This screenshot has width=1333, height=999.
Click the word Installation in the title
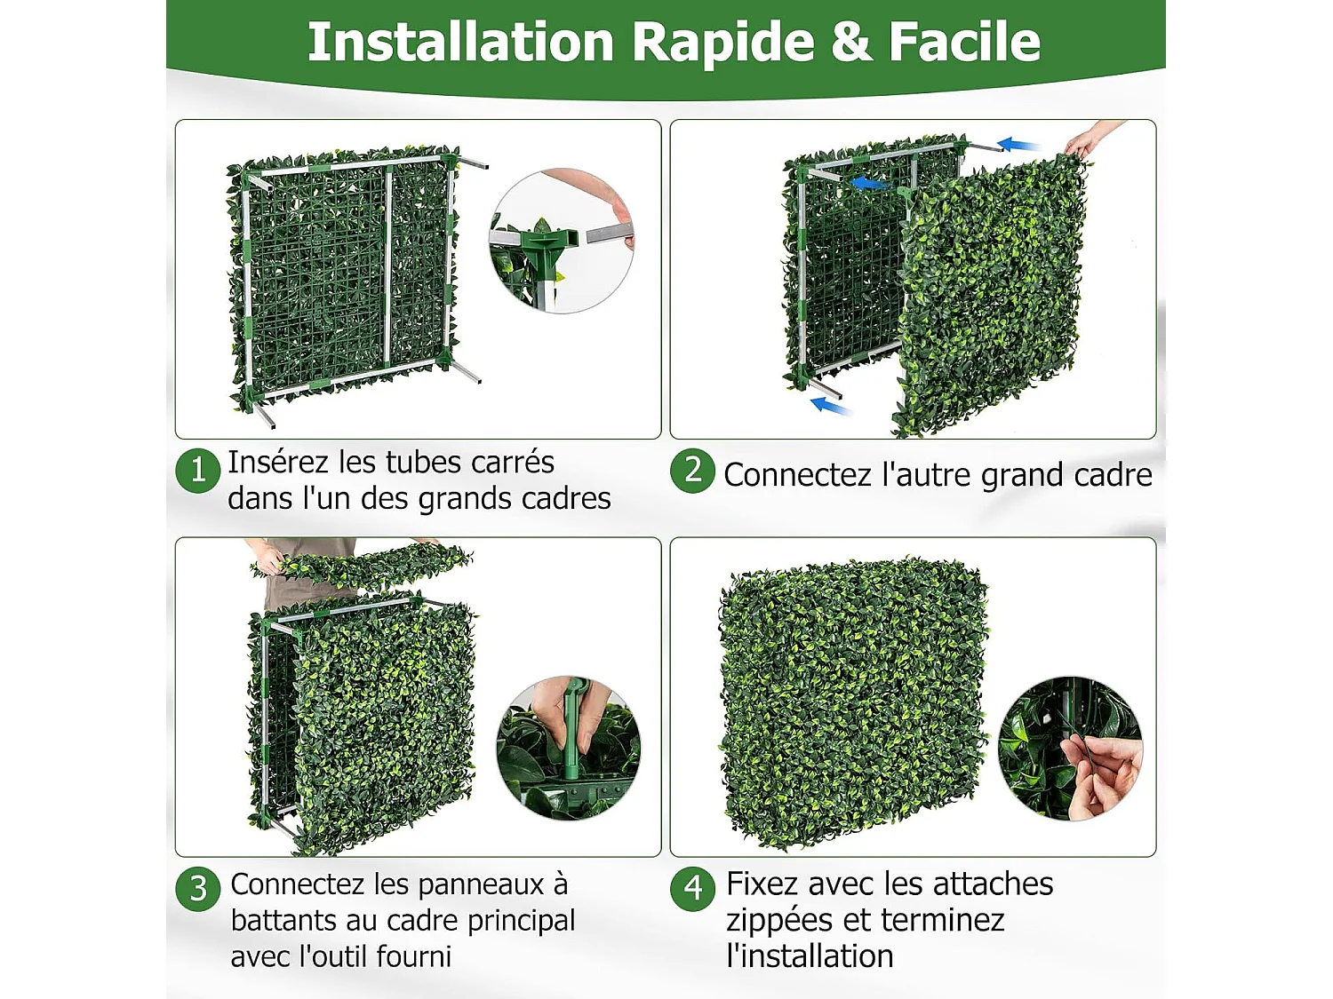(x=459, y=42)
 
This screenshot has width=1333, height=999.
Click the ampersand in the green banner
(x=850, y=42)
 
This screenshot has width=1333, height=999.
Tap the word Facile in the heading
(x=964, y=42)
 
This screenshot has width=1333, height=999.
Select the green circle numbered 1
(x=198, y=470)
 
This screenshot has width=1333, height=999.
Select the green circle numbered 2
(x=692, y=470)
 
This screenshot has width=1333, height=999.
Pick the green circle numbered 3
(x=198, y=888)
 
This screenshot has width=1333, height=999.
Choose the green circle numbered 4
(x=692, y=888)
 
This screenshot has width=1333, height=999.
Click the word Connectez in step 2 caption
(x=797, y=475)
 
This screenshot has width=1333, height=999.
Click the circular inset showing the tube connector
(x=562, y=241)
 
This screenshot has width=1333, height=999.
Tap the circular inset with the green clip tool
(x=569, y=748)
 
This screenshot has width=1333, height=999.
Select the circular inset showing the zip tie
(x=1070, y=748)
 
